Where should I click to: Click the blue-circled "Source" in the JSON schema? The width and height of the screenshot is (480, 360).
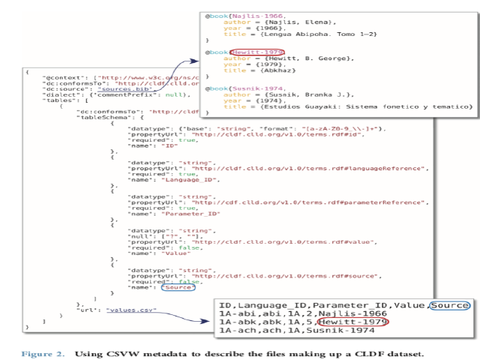[x=178, y=286]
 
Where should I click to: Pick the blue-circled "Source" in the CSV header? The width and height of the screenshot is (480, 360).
[x=451, y=305]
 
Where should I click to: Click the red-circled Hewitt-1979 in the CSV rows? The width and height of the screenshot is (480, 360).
[x=343, y=322]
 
